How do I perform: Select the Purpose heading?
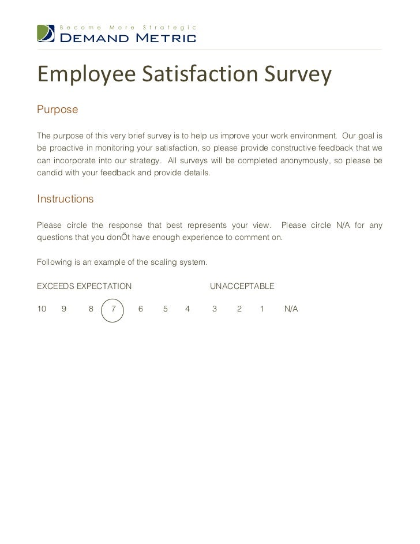pyautogui.click(x=57, y=110)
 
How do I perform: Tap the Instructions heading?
pyautogui.click(x=65, y=199)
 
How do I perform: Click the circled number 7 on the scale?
pyautogui.click(x=113, y=309)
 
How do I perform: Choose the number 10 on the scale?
pyautogui.click(x=42, y=309)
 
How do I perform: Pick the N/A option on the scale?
pyautogui.click(x=291, y=309)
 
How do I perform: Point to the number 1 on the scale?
pyautogui.click(x=262, y=309)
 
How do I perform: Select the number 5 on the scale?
pyautogui.click(x=166, y=309)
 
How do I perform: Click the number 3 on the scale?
pyautogui.click(x=215, y=309)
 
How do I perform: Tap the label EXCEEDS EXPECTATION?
pyautogui.click(x=84, y=286)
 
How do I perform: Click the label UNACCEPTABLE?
pyautogui.click(x=242, y=286)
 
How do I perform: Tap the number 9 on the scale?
pyautogui.click(x=64, y=309)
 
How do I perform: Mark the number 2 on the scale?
pyautogui.click(x=239, y=309)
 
